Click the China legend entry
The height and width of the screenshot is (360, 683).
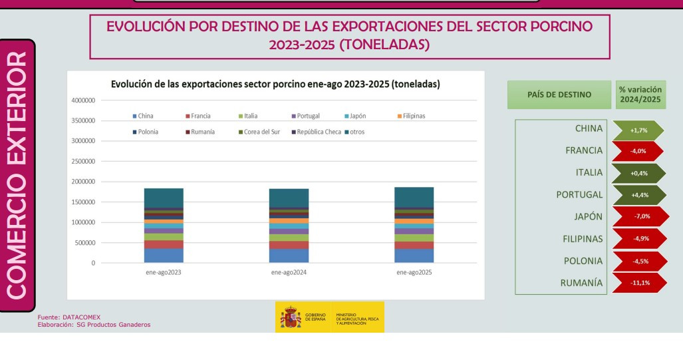click(x=143, y=116)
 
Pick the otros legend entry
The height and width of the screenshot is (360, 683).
click(x=354, y=132)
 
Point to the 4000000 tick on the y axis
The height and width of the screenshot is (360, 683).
click(x=82, y=100)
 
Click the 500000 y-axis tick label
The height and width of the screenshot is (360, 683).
click(x=84, y=242)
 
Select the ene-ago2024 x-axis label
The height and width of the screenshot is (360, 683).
click(x=289, y=272)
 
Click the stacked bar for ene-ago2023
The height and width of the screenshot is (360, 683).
click(x=164, y=226)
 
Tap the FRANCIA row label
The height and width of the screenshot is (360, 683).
click(x=584, y=150)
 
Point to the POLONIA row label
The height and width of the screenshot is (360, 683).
click(x=583, y=261)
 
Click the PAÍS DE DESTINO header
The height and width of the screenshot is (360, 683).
click(x=559, y=94)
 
